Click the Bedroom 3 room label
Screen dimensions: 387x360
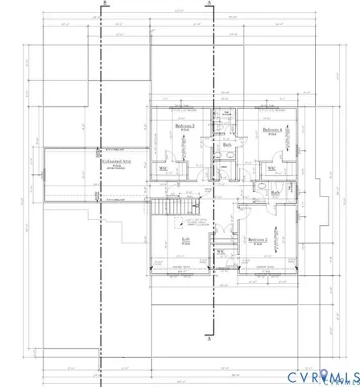coord(185,127)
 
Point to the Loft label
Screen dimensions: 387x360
coord(185,239)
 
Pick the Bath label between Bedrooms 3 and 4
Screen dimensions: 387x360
coord(227,145)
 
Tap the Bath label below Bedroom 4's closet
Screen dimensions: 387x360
coord(275,193)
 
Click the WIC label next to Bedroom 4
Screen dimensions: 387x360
coord(272,169)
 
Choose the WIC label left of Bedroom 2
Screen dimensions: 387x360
coord(220,252)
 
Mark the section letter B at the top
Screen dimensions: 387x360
coord(106,4)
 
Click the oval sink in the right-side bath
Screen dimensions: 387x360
coord(261,185)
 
